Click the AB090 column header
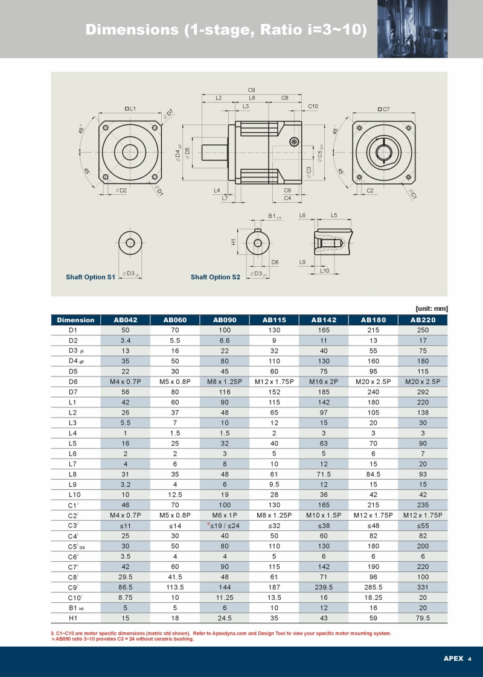coord(225,320)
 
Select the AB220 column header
coord(423,320)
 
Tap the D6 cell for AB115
coord(274,382)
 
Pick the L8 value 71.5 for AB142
coord(324,474)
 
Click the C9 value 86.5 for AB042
coord(126,587)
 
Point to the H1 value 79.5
coord(423,618)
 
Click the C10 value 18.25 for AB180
coord(373,597)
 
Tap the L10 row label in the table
coord(74,495)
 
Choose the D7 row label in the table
coord(73,392)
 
